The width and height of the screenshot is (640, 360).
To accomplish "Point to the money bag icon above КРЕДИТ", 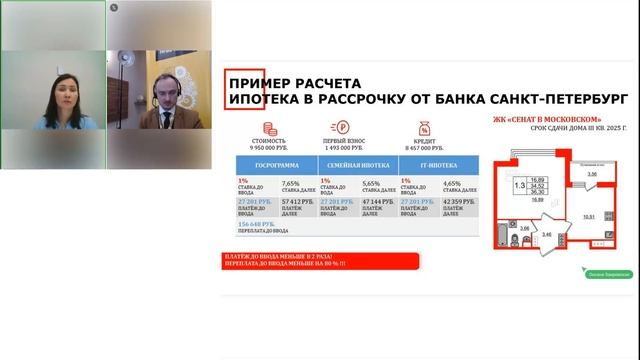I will (x=424, y=128).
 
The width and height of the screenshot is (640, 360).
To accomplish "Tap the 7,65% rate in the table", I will (x=291, y=183).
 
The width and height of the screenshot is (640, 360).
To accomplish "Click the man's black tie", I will (x=160, y=120).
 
